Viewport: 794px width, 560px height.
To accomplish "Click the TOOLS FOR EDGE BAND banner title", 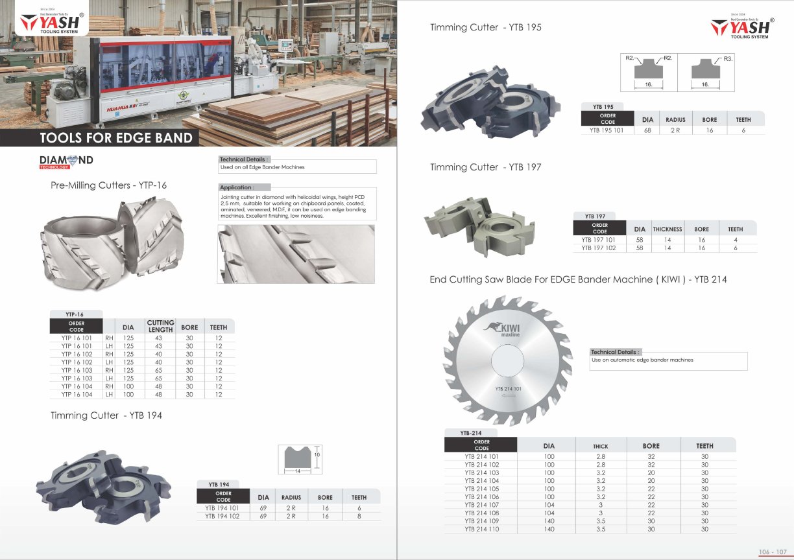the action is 116,138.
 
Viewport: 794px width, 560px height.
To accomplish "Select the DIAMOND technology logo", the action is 66,162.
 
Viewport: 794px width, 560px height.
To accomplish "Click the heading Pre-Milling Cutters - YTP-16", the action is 108,185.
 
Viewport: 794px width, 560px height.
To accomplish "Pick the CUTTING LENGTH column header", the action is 160,326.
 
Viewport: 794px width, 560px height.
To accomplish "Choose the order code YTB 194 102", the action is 223,516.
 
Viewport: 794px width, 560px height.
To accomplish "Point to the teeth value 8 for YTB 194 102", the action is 359,516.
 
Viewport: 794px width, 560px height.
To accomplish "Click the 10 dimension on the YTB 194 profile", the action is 317,454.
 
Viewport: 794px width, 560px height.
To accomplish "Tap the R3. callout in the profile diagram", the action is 728,59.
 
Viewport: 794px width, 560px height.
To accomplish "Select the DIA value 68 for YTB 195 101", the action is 647,130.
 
